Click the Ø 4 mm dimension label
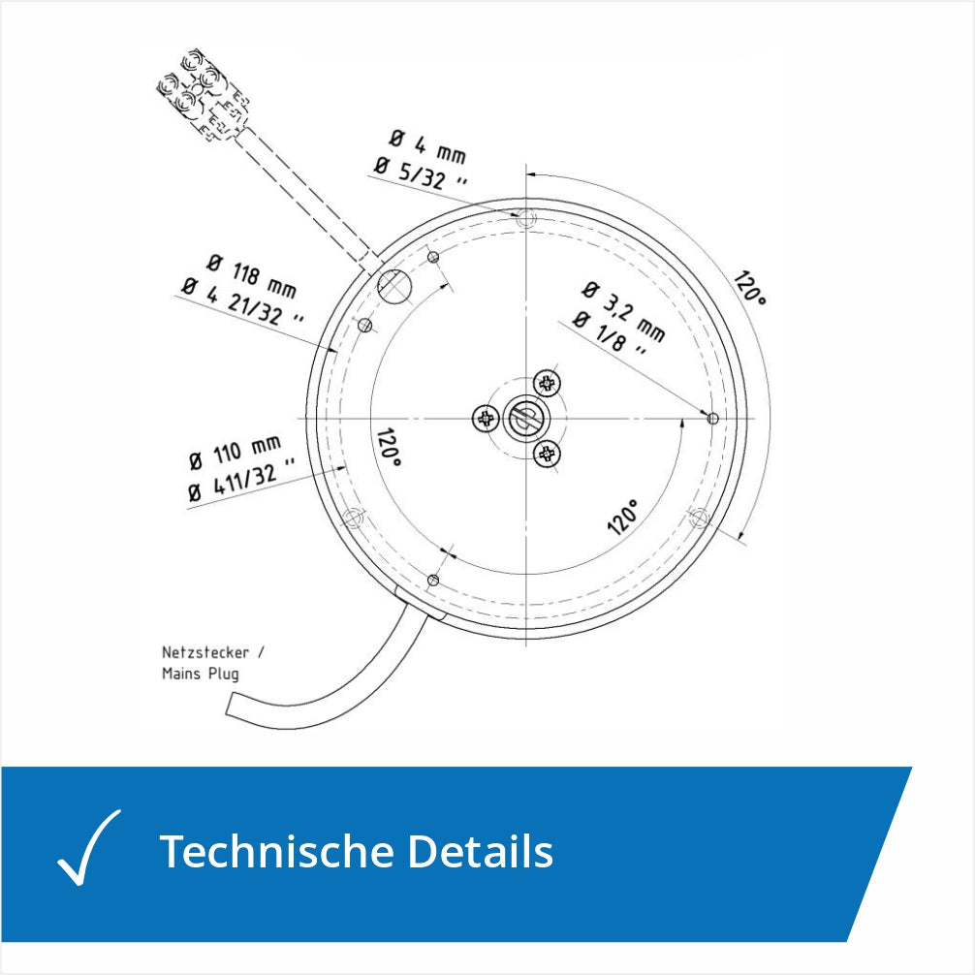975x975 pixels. (x=427, y=146)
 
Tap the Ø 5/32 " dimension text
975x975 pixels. (x=421, y=173)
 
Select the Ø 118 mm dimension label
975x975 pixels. (x=251, y=275)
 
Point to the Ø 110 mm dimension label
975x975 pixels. (x=236, y=452)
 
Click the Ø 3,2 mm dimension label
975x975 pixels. (x=624, y=311)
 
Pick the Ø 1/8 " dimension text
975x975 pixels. (x=609, y=334)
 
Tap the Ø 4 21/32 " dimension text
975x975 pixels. (x=242, y=302)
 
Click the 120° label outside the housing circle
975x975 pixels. (x=749, y=288)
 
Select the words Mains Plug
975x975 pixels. (x=201, y=674)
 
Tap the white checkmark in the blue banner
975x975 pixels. (x=89, y=847)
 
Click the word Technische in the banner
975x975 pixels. (x=277, y=851)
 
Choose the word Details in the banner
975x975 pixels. (x=480, y=851)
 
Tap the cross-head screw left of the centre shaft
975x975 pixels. (x=486, y=419)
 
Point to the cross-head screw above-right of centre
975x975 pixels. (x=547, y=383)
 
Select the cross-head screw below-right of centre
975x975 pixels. (x=547, y=454)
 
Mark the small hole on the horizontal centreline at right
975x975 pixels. (x=712, y=419)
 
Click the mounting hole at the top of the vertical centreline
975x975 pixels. (x=526, y=218)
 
